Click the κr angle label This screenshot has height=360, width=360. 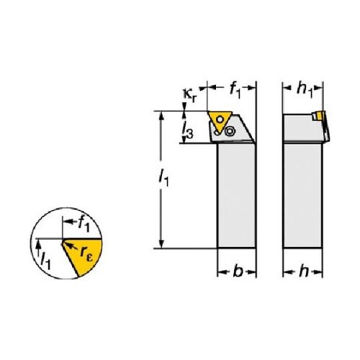(x=190, y=96)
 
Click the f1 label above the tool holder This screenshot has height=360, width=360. (x=235, y=91)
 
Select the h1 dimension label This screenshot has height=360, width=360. (x=305, y=90)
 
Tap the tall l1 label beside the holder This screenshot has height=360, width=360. (x=164, y=178)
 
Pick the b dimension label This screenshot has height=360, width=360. (x=238, y=271)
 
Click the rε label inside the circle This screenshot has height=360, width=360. (x=86, y=253)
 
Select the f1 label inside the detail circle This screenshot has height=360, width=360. (x=84, y=225)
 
